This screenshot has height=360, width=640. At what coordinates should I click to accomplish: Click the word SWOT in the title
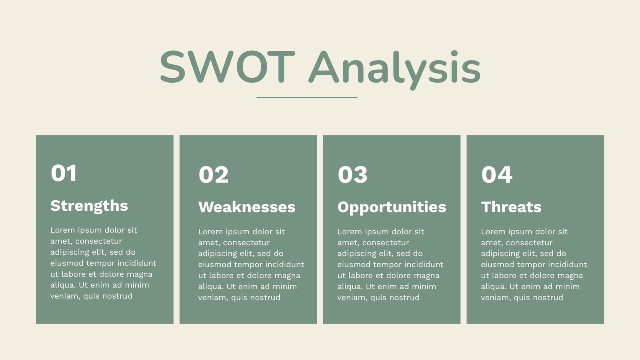point(228,67)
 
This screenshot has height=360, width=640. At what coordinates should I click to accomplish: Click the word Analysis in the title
point(394,70)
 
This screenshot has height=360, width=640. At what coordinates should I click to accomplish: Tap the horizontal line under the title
point(307,97)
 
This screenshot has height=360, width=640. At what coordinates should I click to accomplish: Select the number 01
point(64,173)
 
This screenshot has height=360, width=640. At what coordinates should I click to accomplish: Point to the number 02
point(214,174)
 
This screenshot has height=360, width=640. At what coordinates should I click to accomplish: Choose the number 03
point(352,174)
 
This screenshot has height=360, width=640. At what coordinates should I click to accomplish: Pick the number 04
point(497,174)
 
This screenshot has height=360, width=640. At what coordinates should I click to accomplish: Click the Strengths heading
point(89,206)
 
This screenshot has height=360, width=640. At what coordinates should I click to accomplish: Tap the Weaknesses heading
point(247,207)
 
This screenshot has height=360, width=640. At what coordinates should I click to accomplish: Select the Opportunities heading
point(392,208)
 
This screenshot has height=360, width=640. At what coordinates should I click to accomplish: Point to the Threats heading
point(511,207)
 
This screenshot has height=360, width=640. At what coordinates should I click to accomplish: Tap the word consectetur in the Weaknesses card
point(246,243)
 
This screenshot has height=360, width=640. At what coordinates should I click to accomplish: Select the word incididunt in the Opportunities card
point(426,264)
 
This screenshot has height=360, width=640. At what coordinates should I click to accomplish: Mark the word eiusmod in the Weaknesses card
point(214,264)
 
